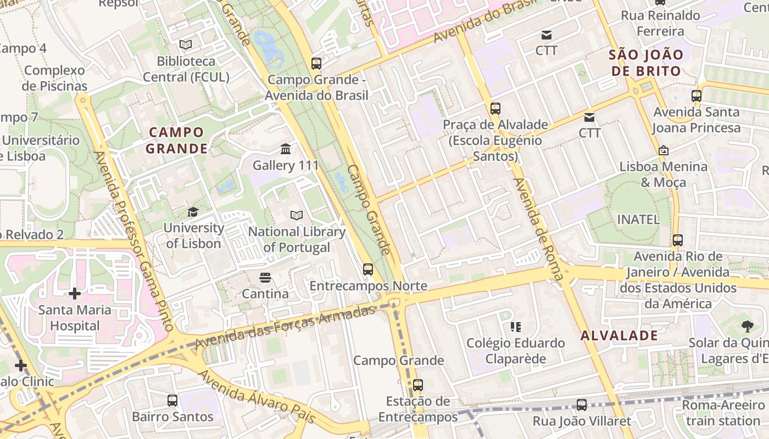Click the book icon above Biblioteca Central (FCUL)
coord(186,44)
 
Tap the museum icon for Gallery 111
coord(286,149)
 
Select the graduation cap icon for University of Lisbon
coord(193,212)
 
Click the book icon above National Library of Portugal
coord(297,216)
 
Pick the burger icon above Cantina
coord(265,278)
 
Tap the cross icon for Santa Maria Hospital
coord(75,294)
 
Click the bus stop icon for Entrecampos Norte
coord(368,269)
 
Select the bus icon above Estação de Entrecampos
coord(418,385)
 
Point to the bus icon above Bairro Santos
coord(172,401)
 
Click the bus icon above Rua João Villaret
coord(582,406)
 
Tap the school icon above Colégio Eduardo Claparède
coord(515,327)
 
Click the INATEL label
coord(638,219)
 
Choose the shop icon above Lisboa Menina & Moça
coord(664,150)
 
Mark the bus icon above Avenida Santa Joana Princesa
coord(696,96)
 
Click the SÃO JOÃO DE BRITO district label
coord(646,63)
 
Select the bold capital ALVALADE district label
coord(619,335)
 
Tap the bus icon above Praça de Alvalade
coord(495,109)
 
